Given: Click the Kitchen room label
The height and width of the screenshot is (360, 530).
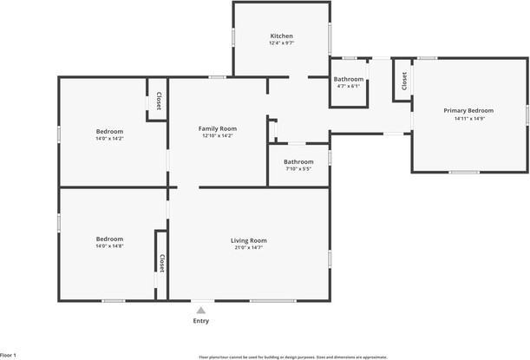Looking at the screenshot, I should click(x=282, y=36).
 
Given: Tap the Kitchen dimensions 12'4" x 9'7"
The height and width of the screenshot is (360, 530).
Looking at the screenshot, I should click(x=282, y=43).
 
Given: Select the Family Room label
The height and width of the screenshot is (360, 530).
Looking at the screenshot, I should click(x=218, y=128).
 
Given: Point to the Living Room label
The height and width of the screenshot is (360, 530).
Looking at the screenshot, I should click(x=248, y=240).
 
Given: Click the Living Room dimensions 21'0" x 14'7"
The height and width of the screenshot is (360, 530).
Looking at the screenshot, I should click(x=248, y=247).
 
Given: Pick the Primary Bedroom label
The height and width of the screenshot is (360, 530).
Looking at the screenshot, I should click(x=468, y=111).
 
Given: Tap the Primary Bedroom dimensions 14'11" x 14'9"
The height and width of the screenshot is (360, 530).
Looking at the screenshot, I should click(x=468, y=118).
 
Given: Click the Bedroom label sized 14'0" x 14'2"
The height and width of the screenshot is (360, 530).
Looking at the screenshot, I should click(x=109, y=131).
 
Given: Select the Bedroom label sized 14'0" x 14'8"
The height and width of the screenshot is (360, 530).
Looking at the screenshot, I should click(x=109, y=239).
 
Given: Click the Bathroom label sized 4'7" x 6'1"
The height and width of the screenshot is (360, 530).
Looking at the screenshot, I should click(x=348, y=80).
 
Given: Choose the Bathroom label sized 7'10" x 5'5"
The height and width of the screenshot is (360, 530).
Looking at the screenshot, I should click(x=298, y=161).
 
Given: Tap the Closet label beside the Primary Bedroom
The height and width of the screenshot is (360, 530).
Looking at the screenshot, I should click(x=404, y=81).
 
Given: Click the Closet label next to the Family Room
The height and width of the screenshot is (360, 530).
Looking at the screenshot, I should click(x=159, y=102).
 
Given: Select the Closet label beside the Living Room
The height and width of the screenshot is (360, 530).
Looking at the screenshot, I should click(x=161, y=263).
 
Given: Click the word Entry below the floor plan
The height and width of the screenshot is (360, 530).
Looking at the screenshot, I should click(x=200, y=321).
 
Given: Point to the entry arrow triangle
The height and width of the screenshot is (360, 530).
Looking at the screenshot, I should click(x=200, y=308).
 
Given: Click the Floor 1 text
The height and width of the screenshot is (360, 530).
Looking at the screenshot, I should click(x=9, y=355).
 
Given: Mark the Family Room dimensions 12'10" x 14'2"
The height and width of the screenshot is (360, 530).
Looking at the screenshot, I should click(x=218, y=135).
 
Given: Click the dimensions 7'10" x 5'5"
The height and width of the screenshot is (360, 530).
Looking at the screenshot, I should click(x=298, y=168).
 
